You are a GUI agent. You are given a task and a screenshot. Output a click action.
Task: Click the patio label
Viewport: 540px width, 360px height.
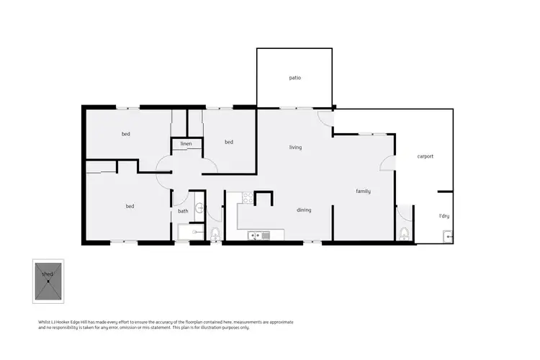pyautogui.click(x=294, y=77)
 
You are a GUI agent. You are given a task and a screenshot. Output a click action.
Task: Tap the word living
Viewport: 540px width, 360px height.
pyautogui.click(x=295, y=148)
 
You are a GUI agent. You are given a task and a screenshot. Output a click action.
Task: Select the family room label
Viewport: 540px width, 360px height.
pyautogui.click(x=363, y=192)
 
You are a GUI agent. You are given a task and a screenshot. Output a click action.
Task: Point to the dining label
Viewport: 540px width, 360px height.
pyautogui.click(x=304, y=210)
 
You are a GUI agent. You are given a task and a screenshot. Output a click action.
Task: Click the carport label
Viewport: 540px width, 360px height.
pyautogui.click(x=425, y=156)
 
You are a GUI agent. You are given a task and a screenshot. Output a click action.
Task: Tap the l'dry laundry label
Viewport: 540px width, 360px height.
pyautogui.click(x=444, y=216)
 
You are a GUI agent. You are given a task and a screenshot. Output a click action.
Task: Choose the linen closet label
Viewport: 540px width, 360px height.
pyautogui.click(x=186, y=144)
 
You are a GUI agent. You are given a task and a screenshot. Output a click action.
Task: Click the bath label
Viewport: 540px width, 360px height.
pyautogui.click(x=183, y=211)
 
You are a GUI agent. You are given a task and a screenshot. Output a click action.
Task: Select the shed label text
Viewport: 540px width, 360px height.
pyautogui.click(x=48, y=274)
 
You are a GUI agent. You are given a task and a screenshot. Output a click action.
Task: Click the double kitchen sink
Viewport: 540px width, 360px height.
pyautogui.click(x=257, y=235)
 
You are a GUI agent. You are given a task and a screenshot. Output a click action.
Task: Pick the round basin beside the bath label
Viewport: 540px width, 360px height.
pyautogui.click(x=200, y=210)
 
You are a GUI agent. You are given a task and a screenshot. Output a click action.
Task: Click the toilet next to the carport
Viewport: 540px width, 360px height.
pyautogui.click(x=404, y=233)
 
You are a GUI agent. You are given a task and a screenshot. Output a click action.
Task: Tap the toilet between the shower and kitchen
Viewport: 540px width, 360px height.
pyautogui.click(x=215, y=233)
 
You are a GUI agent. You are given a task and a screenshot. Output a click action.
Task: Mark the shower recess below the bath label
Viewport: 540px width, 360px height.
pyautogui.click(x=190, y=232)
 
